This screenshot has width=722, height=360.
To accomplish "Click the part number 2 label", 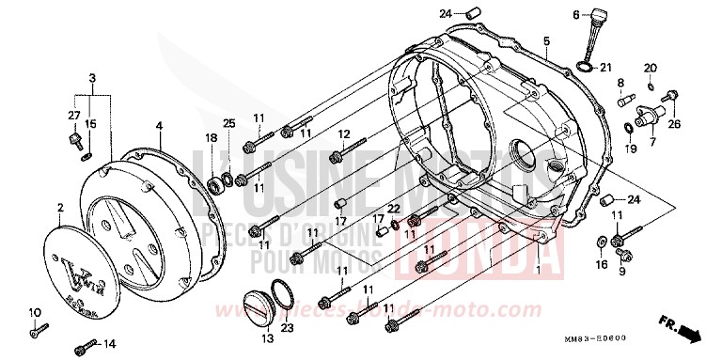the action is coord(59,208).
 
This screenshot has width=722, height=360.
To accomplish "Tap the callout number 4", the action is coord(159,126).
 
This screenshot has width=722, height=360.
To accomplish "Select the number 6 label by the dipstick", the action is coord(574,15).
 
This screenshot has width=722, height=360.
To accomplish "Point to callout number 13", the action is coord(267,337).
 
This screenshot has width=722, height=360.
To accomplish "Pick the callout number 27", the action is coord(72,115).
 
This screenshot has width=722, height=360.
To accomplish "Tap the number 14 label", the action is coord(109,344).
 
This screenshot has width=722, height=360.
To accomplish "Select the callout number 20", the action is coord(649,68).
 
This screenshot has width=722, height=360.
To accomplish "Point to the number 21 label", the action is coord(606,66).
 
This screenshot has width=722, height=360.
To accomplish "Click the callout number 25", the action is coord(228,124).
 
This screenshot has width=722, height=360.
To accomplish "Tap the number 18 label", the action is coord(212,138).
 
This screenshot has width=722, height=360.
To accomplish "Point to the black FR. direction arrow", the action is coord(691,333).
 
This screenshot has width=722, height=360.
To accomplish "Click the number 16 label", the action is coord(601,265).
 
